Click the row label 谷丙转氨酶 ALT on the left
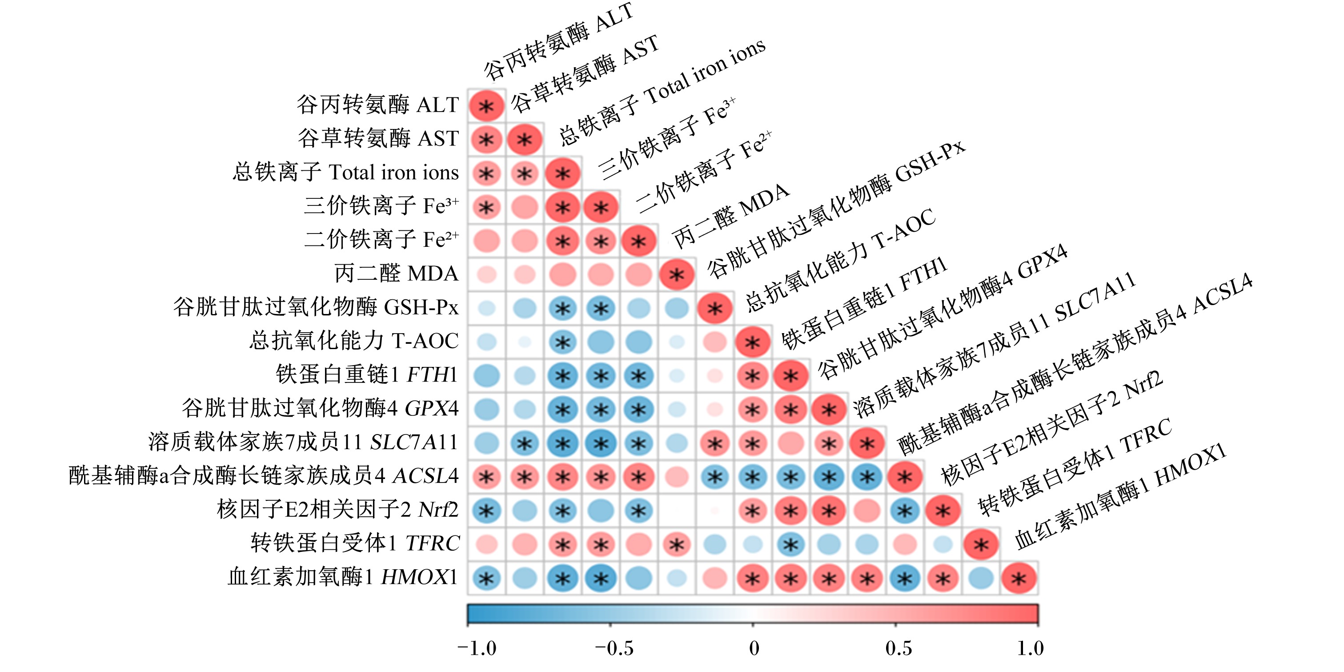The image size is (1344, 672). pyautogui.click(x=378, y=105)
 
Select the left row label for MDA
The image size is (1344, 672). pyautogui.click(x=396, y=273)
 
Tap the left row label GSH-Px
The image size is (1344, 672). pyautogui.click(x=316, y=307)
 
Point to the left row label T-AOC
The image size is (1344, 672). pyautogui.click(x=354, y=341)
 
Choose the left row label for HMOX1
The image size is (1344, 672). pyautogui.click(x=343, y=577)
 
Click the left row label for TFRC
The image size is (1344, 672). pyautogui.click(x=355, y=543)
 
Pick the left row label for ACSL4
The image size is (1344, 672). pyautogui.click(x=264, y=475)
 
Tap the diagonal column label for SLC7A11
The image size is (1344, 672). pyautogui.click(x=995, y=344)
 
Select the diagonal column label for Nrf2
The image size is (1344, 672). pyautogui.click(x=1052, y=427)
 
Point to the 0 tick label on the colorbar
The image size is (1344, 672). pyautogui.click(x=754, y=648)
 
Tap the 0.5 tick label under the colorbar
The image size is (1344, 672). pyautogui.click(x=899, y=648)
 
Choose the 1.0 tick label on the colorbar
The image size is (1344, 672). pyautogui.click(x=1031, y=648)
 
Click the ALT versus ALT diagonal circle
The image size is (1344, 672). pyautogui.click(x=486, y=106)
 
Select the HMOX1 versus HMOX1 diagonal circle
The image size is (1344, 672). pyautogui.click(x=1019, y=578)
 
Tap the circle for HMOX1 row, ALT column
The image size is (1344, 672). pyautogui.click(x=486, y=578)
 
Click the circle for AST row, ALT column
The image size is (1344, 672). pyautogui.click(x=486, y=139)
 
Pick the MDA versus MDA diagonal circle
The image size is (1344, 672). pyautogui.click(x=677, y=274)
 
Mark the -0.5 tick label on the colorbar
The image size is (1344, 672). pyautogui.click(x=614, y=648)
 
